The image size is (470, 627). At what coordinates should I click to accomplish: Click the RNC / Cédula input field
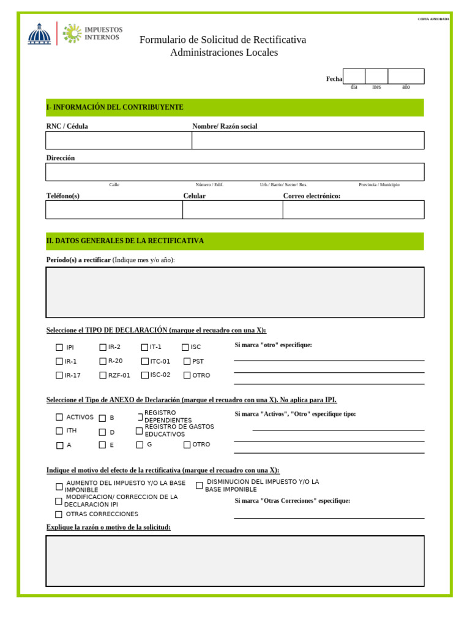pos(119,140)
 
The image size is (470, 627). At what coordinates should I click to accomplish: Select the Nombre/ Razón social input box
pos(308,140)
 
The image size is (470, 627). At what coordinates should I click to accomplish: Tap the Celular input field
pos(233,209)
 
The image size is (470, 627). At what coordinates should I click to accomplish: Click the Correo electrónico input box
pos(353,209)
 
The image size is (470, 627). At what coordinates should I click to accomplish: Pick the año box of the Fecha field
pos(406,77)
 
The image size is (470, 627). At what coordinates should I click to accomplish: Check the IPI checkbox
pos(59,347)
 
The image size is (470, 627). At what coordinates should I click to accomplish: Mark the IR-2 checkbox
pos(103,347)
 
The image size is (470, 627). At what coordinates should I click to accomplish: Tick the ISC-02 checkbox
pos(145,375)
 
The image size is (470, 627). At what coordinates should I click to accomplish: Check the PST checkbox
pos(187,361)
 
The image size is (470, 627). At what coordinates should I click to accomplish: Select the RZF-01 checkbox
pos(103,375)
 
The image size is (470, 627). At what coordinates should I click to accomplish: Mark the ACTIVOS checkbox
pos(59,418)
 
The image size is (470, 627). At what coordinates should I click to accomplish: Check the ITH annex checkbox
pos(59,431)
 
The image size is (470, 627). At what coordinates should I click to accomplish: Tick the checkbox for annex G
pos(140,445)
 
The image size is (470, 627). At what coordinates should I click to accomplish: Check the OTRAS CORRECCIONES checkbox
pos(59,515)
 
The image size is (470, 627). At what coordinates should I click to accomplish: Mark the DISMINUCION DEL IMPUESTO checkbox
pos(200,486)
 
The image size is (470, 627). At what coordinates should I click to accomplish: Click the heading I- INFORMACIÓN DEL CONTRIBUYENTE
pos(115,107)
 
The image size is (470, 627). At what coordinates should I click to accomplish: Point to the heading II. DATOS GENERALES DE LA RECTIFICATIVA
pos(125,241)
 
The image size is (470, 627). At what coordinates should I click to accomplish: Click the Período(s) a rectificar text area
pos(235,292)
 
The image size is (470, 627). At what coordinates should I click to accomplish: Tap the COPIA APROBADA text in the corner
pos(433,19)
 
